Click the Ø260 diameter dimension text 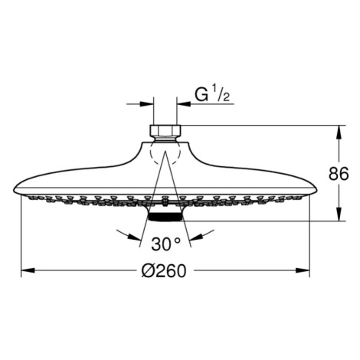[164, 270]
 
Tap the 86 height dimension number [339, 174]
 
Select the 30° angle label [165, 244]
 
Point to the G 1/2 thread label [212, 95]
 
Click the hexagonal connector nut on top [165, 130]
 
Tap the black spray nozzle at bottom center [165, 217]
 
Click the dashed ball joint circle [165, 152]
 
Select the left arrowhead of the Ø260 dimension [28, 270]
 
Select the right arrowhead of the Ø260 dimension [303, 270]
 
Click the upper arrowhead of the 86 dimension [339, 133]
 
